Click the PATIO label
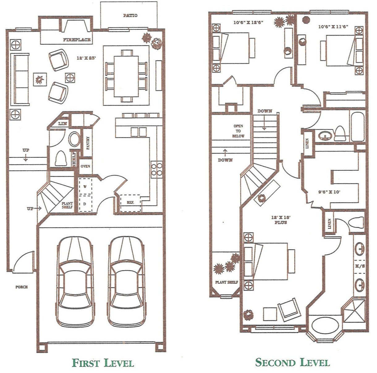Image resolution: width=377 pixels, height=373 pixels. click(130, 15)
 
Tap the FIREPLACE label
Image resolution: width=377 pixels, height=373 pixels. click(77, 40)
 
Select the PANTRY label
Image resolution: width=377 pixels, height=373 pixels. click(88, 143)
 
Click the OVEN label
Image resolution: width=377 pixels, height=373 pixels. click(85, 166)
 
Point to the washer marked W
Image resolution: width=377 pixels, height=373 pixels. click(85, 186)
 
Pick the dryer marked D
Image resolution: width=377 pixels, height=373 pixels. click(85, 204)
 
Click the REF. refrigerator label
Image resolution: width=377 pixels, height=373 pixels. click(130, 203)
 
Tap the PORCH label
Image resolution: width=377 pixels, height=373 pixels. click(22, 287)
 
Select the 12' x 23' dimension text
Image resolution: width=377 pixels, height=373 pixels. click(86, 58)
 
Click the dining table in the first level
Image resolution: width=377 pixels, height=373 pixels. click(126, 75)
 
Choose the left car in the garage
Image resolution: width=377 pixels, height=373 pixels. click(75, 281)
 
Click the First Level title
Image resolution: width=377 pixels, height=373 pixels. click(103, 363)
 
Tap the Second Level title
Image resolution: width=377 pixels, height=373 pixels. click(292, 362)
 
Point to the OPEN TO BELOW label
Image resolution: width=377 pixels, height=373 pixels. click(238, 131)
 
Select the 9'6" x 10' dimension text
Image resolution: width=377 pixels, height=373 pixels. click(329, 192)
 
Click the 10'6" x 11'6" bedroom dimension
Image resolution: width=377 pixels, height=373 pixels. click(333, 27)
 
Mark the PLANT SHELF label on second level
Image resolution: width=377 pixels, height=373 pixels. click(227, 282)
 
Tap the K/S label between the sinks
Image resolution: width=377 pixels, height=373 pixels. click(359, 266)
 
